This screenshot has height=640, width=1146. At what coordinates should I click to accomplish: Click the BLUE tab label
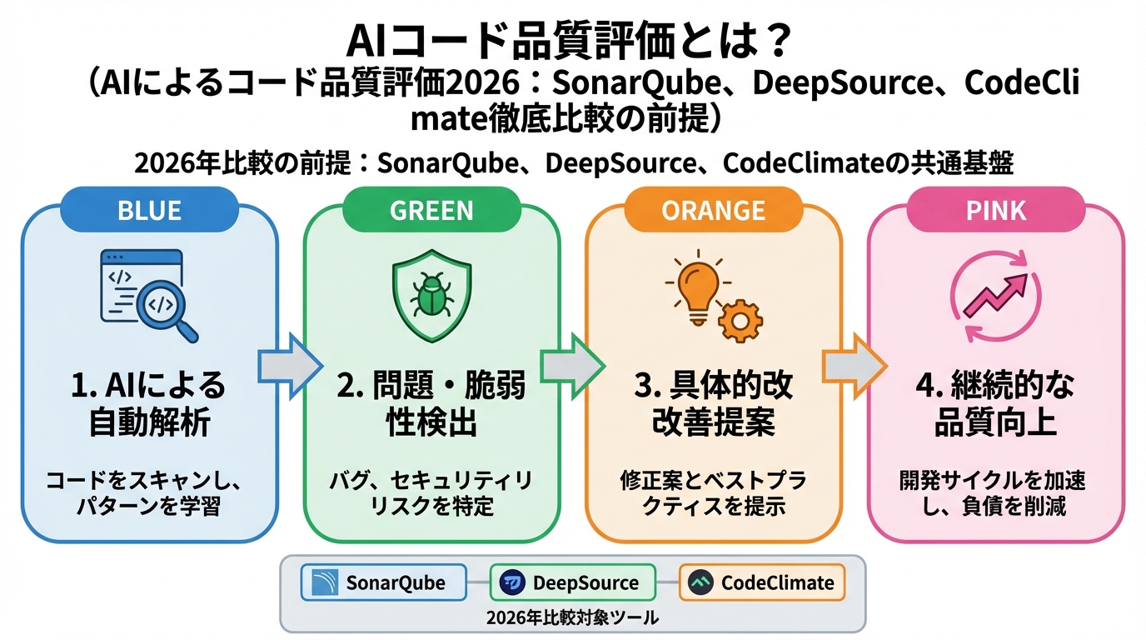point(150,210)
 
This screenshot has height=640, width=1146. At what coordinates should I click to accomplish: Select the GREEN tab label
point(431,210)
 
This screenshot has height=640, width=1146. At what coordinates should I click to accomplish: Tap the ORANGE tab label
point(713,210)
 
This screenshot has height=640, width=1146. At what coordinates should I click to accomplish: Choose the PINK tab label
point(996,210)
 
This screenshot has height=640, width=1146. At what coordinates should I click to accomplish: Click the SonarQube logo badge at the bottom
point(383,582)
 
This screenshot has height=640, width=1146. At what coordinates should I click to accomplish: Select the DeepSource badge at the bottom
point(572,582)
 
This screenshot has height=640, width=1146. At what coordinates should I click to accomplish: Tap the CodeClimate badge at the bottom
point(761,582)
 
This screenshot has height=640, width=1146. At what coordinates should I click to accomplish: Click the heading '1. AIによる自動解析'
point(150,404)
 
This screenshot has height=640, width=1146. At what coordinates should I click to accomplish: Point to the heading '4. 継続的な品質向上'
point(996,404)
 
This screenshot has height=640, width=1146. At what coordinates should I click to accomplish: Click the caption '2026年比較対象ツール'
point(572,617)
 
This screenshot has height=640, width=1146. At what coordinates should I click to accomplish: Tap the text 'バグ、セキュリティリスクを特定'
point(431,493)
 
